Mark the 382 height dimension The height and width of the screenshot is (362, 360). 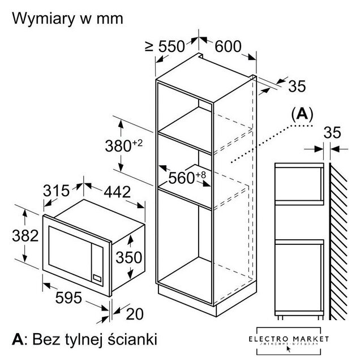click(25, 235)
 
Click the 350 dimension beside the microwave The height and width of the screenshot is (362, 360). click(129, 258)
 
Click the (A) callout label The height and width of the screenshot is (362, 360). click(301, 114)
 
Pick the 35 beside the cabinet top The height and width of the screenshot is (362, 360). click(296, 86)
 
